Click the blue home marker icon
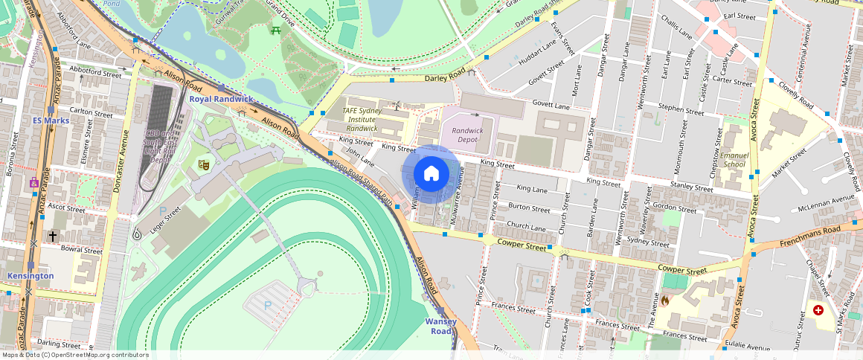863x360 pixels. click(x=431, y=173)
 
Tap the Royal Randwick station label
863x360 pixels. click(x=221, y=98)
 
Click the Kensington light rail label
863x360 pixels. click(x=31, y=276)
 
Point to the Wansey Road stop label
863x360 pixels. click(x=440, y=326)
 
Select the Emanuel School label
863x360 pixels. click(x=734, y=160)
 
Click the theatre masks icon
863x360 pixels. click(x=203, y=163)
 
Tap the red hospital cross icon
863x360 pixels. click(x=818, y=309)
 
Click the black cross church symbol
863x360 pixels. click(x=52, y=236)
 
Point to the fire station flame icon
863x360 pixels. click(x=664, y=301)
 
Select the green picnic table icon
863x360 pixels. click(x=276, y=30)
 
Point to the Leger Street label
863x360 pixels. click(x=164, y=221)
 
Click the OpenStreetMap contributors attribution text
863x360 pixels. click(x=74, y=355)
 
